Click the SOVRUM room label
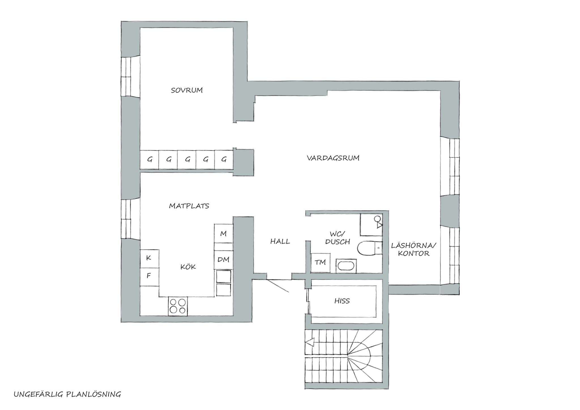[187, 90]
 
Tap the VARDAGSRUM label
[333, 158]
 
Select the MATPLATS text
[189, 206]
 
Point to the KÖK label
[188, 267]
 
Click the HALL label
[280, 242]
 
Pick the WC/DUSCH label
[338, 238]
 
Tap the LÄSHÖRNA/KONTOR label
[414, 249]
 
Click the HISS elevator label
[342, 301]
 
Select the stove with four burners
[178, 306]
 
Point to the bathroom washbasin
[346, 266]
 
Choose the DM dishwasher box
[223, 260]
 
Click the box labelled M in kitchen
[223, 233]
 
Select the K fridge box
[149, 259]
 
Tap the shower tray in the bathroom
[371, 225]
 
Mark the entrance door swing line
[278, 286]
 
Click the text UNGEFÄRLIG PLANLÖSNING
[67, 394]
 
